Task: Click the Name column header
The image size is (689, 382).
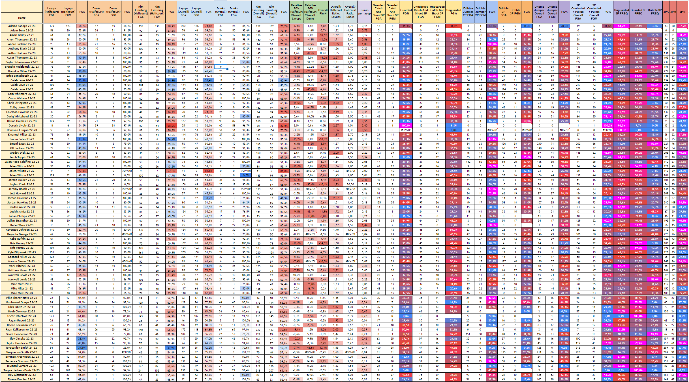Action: (22, 18)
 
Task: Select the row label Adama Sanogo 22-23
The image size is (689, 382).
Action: (22, 26)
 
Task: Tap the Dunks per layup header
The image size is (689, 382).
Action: (365, 12)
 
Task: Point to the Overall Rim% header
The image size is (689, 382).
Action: (323, 12)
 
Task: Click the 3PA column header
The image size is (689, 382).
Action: (666, 12)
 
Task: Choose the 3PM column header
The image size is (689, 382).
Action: (673, 12)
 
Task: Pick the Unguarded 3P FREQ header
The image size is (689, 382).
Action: (622, 12)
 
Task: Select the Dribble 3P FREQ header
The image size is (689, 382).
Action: (655, 12)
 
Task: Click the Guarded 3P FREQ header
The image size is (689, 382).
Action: (638, 12)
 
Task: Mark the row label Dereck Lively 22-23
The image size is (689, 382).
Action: (22, 126)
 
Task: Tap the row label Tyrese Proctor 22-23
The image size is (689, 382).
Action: (22, 379)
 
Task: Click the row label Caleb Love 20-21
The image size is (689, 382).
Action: (22, 80)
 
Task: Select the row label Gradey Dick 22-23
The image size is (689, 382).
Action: (22, 153)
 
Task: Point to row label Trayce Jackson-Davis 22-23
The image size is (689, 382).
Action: (22, 370)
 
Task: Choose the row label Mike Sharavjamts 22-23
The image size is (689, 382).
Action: (22, 298)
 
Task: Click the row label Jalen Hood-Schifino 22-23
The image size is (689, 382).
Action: (22, 162)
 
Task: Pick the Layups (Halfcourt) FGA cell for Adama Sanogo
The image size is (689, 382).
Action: (52, 26)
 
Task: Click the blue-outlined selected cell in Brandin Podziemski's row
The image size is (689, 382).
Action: (221, 67)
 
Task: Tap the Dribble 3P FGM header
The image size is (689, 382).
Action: (515, 12)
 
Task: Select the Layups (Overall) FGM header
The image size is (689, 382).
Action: (196, 12)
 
